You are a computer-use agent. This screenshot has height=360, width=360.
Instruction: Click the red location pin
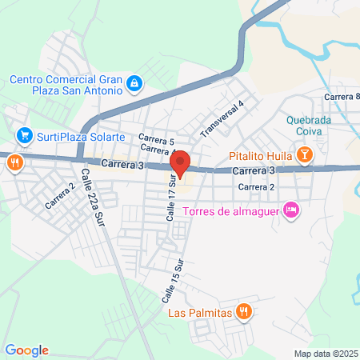181,162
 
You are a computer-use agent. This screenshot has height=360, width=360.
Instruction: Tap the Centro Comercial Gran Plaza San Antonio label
65,86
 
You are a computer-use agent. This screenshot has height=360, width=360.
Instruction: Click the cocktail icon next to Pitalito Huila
304,154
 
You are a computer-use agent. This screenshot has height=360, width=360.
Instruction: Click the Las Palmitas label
200,313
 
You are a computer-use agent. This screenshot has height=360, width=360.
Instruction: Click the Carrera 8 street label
340,97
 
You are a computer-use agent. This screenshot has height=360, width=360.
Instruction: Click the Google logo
27,350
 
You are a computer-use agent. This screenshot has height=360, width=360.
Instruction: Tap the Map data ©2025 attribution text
326,354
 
